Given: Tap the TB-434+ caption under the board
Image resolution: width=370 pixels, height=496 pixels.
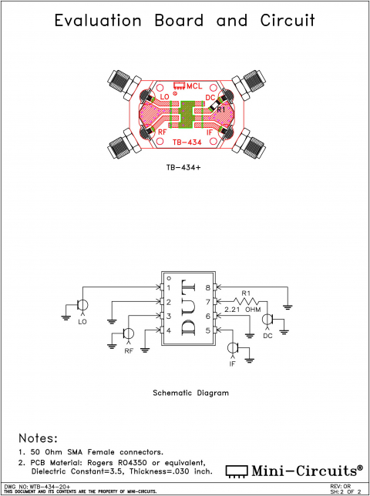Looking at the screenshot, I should pos(184,167).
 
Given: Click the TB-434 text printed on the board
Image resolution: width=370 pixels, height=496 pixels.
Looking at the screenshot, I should pos(187,142).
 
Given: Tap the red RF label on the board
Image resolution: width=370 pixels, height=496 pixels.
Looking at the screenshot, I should pos(162,132).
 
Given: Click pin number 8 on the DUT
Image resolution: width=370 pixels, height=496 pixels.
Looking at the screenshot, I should pos(207,287).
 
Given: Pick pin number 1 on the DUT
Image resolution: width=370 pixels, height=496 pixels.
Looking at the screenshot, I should pos(168,287).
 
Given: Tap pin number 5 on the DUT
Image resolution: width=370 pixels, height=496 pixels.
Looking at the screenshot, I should pos(207,330).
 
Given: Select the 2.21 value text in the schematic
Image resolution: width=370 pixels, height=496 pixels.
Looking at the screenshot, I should pos(232,310).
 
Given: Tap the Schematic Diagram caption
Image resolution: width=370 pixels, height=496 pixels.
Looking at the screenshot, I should pos(190,392).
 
